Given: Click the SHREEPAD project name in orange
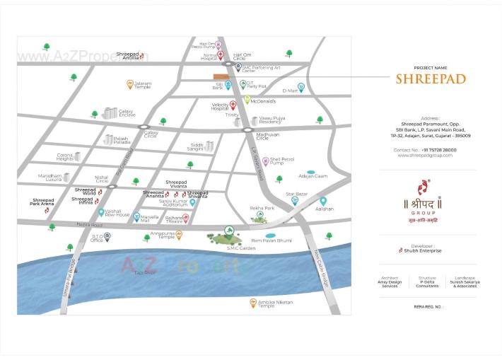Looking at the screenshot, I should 430,79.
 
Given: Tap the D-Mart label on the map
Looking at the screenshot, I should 290,91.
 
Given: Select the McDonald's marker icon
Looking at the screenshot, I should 247,100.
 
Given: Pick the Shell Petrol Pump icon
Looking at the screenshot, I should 265,161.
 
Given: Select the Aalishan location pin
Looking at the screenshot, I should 323,202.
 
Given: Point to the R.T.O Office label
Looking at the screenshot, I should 96,238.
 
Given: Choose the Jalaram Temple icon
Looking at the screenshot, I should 130,84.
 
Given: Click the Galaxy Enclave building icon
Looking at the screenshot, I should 109,113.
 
